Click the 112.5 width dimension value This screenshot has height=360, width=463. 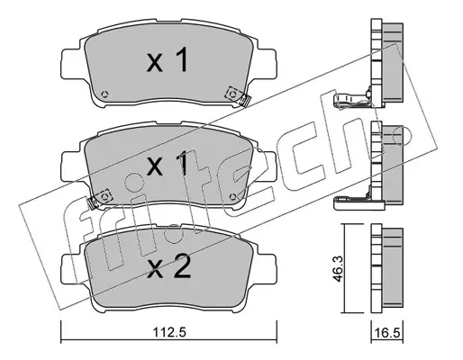pos(170,333)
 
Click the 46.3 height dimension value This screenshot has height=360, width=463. pos(338,268)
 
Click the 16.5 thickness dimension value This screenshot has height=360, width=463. pos(387,333)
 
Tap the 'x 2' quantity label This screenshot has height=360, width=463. pos(168,265)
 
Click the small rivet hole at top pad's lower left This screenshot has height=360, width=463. pos(104,94)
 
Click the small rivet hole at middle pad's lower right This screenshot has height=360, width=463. pos(233,196)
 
